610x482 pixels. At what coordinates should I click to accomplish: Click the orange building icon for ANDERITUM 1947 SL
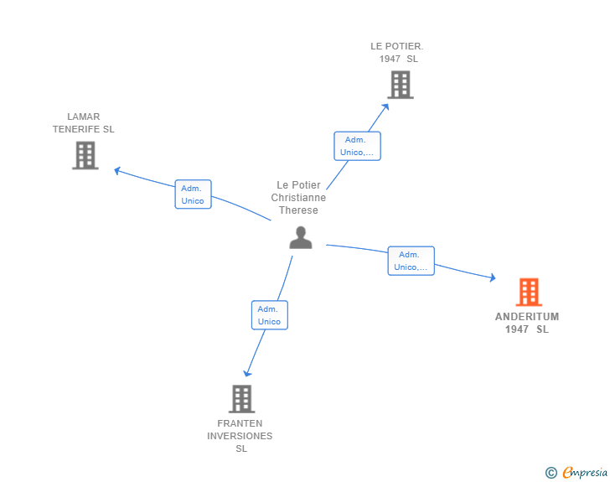(x=529, y=292)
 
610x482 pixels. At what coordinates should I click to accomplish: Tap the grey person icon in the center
(x=301, y=237)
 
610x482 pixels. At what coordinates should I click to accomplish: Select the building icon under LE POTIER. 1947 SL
(x=401, y=85)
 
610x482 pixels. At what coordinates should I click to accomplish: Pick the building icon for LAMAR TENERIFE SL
(x=85, y=155)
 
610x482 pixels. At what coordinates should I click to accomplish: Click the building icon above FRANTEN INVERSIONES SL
(x=241, y=399)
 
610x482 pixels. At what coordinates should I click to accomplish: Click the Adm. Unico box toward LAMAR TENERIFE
(x=193, y=194)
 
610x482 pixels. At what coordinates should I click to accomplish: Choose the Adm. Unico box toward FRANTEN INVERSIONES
(x=270, y=315)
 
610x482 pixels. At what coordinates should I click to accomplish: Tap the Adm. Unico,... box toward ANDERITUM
(x=411, y=261)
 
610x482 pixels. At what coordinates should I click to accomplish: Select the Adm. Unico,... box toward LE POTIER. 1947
(x=357, y=146)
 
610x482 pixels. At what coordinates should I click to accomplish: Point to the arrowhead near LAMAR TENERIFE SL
(x=116, y=170)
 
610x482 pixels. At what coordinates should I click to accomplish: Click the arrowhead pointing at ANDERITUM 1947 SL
(x=493, y=277)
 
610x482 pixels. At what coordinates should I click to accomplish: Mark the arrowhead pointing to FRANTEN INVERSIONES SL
(x=247, y=374)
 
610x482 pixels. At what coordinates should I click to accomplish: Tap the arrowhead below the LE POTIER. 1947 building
(x=385, y=106)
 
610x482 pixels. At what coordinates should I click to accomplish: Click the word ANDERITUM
(x=527, y=317)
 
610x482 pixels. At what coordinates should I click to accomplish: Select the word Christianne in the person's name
(x=298, y=197)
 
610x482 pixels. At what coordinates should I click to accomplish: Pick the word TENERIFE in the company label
(x=76, y=129)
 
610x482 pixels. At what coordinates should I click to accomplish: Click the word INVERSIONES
(x=240, y=436)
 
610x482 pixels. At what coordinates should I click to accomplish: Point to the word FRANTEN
(x=240, y=423)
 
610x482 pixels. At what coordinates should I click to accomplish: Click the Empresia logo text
(x=585, y=472)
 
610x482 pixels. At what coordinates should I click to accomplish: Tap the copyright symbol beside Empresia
(x=551, y=473)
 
